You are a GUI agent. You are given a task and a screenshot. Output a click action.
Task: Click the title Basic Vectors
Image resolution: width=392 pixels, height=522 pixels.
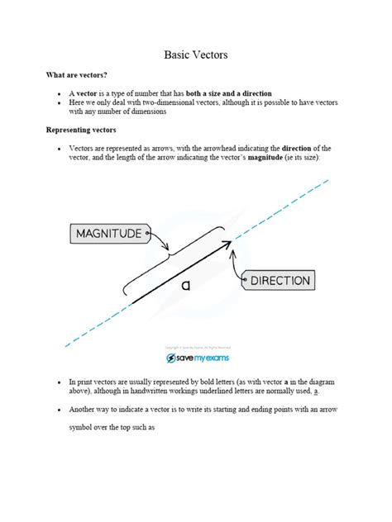point(195,55)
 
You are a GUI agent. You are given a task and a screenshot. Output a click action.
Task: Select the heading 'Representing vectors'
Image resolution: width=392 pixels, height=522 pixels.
point(80,130)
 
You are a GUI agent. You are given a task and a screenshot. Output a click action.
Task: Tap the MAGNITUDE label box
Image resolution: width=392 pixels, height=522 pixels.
point(109,234)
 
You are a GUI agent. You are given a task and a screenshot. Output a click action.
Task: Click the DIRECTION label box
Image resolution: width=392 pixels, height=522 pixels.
point(279,281)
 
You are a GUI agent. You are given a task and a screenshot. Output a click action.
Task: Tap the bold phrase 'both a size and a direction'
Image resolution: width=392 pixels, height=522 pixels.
point(222,93)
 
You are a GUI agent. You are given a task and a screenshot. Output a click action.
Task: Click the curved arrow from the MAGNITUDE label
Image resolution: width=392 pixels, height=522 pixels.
point(161,242)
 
